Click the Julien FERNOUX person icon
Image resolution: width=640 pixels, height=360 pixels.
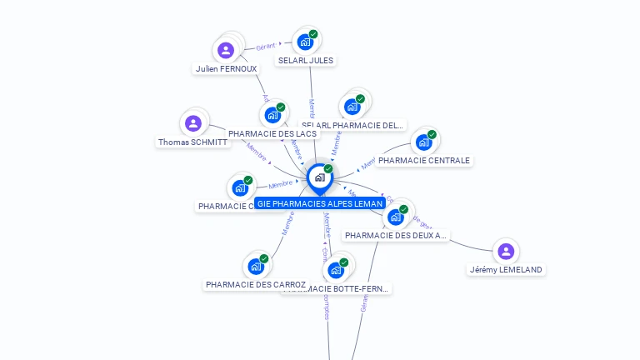tap(225, 50)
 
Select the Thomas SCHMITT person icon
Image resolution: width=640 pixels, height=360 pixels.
tap(193, 124)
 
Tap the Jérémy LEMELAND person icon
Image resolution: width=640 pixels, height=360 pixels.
tap(505, 251)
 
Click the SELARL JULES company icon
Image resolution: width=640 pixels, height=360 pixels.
tap(305, 42)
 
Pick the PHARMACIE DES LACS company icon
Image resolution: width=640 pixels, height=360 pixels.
tap(272, 115)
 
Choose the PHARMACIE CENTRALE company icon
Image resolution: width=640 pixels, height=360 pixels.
tap(423, 142)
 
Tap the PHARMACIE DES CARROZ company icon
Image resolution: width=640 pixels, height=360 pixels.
tap(256, 267)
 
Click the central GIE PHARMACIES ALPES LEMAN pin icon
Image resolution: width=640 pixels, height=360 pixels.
tap(319, 177)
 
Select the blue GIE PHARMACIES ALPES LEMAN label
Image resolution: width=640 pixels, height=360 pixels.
tap(320, 203)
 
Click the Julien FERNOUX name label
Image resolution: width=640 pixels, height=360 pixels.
tap(225, 69)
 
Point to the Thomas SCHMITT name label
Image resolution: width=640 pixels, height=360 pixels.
tap(192, 142)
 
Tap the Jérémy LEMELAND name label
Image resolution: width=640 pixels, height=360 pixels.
tap(506, 270)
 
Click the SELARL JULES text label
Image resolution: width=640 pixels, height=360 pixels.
tap(306, 61)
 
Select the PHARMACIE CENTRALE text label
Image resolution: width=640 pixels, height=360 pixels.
tap(423, 161)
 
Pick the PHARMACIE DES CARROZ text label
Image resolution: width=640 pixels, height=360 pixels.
tap(256, 285)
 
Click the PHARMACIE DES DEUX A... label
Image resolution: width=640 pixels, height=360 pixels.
tap(396, 236)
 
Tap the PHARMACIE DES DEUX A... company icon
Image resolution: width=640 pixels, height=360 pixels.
tap(396, 217)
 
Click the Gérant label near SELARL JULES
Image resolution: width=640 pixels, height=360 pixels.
tap(266, 47)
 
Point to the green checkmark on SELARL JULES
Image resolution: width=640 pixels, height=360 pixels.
tap(313, 34)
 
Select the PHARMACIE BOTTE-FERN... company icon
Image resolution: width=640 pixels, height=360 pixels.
tap(335, 270)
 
